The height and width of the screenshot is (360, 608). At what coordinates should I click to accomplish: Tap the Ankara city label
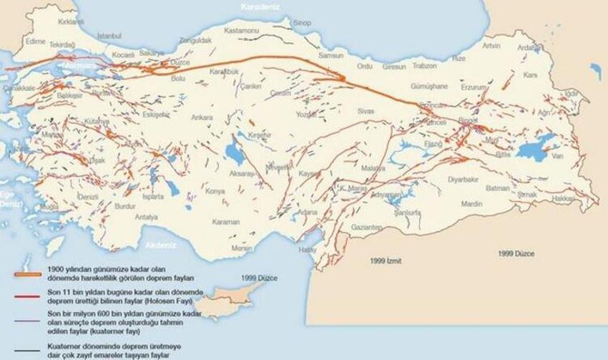click(x=202, y=117)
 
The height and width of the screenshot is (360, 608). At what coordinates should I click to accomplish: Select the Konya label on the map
click(x=215, y=191)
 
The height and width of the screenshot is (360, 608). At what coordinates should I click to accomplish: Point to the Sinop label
click(x=303, y=23)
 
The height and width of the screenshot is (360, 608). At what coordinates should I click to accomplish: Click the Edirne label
click(x=34, y=41)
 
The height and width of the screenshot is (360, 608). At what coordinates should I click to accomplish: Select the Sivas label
click(x=366, y=112)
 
